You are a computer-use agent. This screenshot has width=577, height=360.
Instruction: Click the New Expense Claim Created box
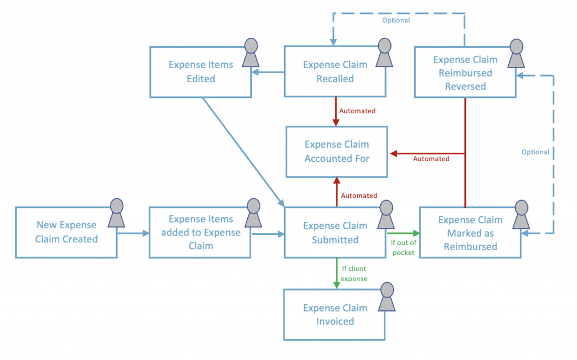[x=66, y=232]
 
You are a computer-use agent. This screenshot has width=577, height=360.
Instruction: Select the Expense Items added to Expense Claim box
[x=200, y=232]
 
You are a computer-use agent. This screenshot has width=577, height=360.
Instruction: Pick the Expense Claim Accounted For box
[x=337, y=152]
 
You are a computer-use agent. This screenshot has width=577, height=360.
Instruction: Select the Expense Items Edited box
[x=201, y=72]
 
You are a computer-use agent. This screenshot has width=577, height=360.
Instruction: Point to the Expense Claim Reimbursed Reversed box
[x=465, y=73]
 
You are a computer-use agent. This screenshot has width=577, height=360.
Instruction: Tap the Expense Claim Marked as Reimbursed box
[x=470, y=233]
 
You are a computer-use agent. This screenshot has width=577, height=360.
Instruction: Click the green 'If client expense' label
[x=354, y=273]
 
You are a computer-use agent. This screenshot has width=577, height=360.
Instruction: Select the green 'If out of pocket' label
[x=402, y=247]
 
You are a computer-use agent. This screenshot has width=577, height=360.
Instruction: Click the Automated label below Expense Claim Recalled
[x=357, y=111]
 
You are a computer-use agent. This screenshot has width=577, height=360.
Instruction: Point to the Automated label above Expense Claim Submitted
[x=359, y=195]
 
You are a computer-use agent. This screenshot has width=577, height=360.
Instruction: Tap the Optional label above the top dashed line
[x=396, y=20]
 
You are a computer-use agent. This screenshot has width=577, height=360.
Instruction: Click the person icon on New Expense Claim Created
[x=116, y=212]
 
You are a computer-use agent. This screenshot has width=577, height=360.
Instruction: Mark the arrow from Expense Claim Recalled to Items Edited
[x=268, y=72]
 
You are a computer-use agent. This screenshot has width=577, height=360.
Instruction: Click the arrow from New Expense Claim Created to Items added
[x=132, y=232]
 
